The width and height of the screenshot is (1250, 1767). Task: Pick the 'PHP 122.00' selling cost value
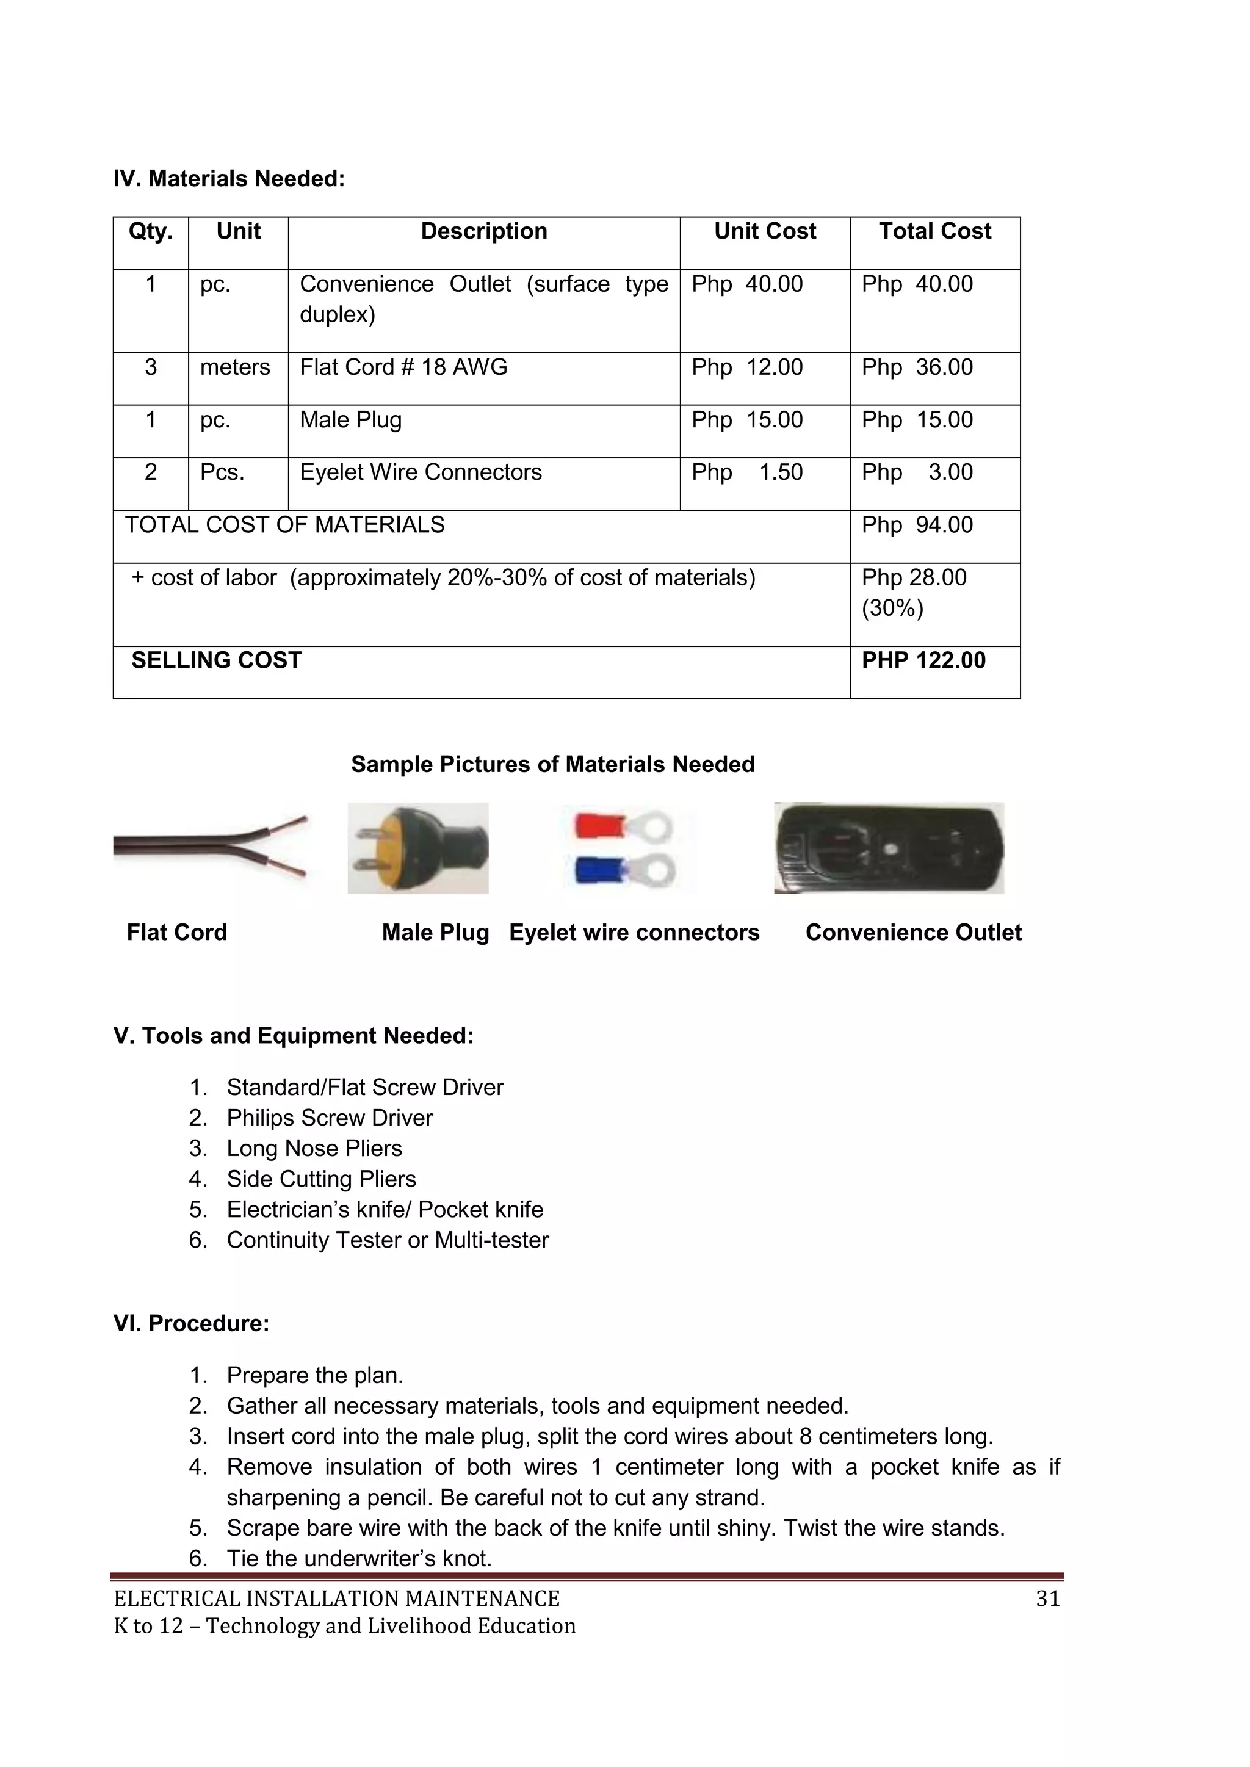(x=923, y=660)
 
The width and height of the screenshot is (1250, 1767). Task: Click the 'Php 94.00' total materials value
(x=917, y=525)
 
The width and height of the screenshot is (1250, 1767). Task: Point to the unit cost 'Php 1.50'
(x=746, y=472)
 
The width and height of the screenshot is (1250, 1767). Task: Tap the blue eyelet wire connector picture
(x=625, y=870)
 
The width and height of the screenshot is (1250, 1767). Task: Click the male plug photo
(x=418, y=848)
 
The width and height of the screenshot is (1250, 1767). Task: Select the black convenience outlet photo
(x=889, y=848)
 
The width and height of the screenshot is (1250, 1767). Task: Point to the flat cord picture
(x=209, y=847)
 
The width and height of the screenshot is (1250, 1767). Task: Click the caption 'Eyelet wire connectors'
(x=634, y=933)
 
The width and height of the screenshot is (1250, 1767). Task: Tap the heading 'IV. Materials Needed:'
(x=229, y=179)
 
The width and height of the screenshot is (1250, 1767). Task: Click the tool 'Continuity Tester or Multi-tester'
(x=387, y=1240)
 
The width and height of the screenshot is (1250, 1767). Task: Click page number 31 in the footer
(x=1047, y=1599)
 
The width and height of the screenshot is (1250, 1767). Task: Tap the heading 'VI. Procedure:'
(x=191, y=1324)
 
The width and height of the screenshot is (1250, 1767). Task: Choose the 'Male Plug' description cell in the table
(x=350, y=420)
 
